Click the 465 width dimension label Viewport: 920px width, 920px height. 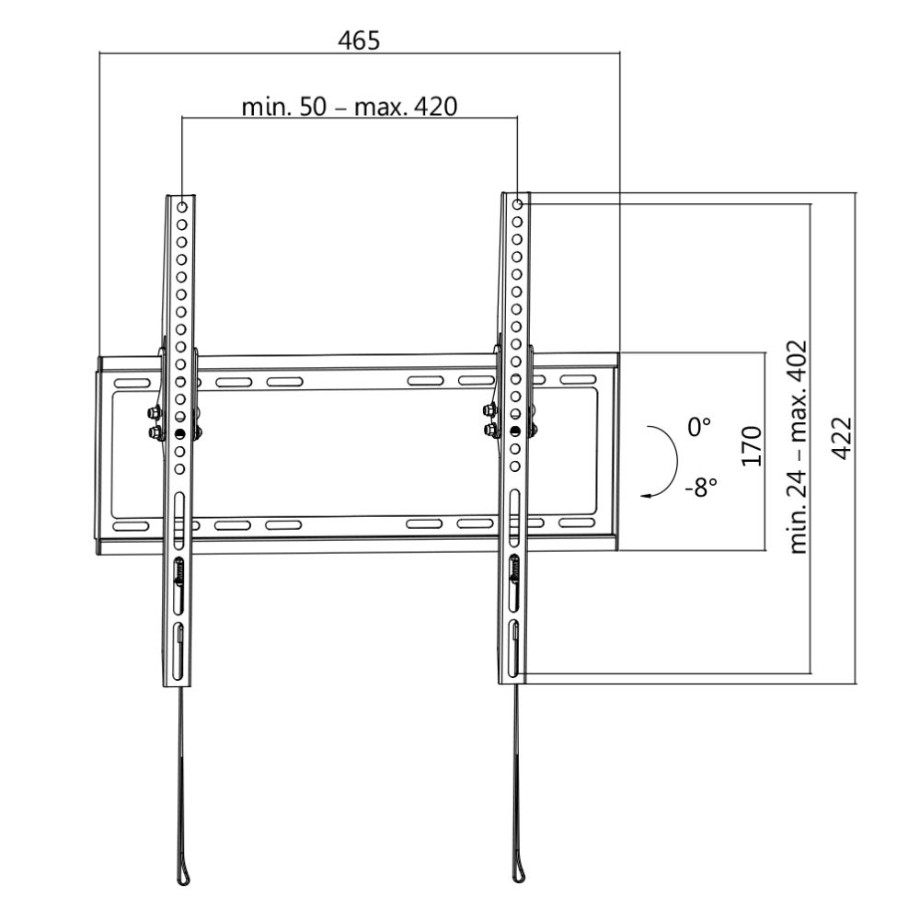tap(359, 40)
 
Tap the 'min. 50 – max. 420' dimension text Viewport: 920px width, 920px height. tap(349, 107)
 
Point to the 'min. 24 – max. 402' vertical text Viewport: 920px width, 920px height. tap(798, 446)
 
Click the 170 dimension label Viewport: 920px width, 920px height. tap(752, 446)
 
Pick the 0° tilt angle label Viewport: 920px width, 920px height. tap(700, 427)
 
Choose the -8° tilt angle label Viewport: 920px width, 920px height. tap(700, 487)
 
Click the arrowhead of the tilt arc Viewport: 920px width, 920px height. tap(650, 494)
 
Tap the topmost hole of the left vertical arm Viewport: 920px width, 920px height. tap(182, 205)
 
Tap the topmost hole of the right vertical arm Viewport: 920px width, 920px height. tap(517, 205)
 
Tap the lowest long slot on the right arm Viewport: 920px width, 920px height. tap(515, 644)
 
